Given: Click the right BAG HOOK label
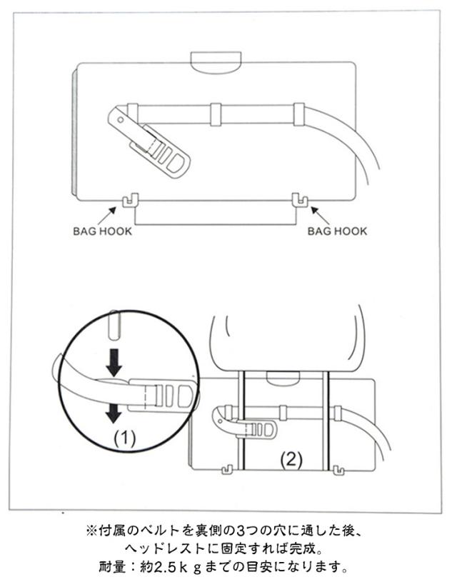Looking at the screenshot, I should click(337, 231).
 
